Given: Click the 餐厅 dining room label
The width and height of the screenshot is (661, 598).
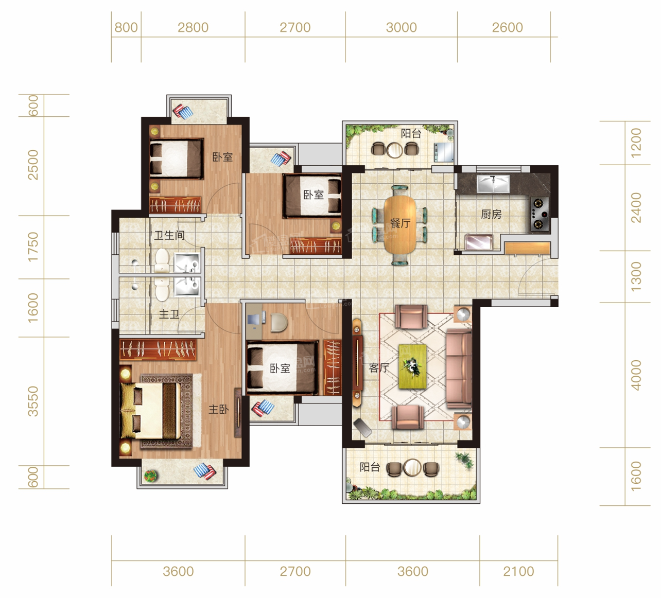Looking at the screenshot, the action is [x=400, y=223].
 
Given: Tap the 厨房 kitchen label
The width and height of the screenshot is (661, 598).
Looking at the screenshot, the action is [x=491, y=215].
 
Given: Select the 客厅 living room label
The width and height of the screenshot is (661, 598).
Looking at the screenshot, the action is [x=379, y=367].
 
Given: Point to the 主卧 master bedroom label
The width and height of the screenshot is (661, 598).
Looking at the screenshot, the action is [x=218, y=409].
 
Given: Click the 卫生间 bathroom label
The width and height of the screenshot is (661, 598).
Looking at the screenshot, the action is [x=169, y=235].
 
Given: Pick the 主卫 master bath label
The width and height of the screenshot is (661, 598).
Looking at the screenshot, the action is [x=169, y=314].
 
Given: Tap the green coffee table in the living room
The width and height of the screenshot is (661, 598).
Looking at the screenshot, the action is [x=412, y=366].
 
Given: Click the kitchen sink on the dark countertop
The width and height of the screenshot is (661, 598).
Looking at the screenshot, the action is [x=493, y=184].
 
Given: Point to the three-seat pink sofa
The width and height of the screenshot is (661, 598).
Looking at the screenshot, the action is [x=459, y=368].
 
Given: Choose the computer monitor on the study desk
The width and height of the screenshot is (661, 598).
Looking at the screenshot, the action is [x=253, y=320].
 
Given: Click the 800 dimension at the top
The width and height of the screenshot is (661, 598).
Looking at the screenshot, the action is [x=126, y=27].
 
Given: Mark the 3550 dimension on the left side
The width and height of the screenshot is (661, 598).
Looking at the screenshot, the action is [x=33, y=401].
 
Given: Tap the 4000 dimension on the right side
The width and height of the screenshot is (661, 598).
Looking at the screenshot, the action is [x=636, y=375].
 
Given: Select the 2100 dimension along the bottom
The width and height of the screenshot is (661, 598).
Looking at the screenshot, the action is [x=518, y=571].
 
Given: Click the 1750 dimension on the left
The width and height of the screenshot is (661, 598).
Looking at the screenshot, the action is [x=33, y=247].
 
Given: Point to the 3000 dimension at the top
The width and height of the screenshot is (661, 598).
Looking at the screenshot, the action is [x=402, y=27].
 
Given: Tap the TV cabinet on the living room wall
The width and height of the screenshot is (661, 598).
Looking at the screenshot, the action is [x=357, y=362].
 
